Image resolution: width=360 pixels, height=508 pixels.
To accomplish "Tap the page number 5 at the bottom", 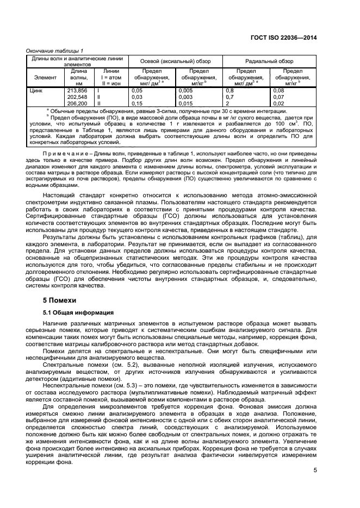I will (x=330, y=471).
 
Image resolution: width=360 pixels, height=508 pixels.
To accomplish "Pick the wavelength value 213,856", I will (x=77, y=91).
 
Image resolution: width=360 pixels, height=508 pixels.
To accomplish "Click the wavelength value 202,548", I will (x=77, y=97).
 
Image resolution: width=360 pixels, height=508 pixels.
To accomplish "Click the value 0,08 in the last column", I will (x=278, y=91).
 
